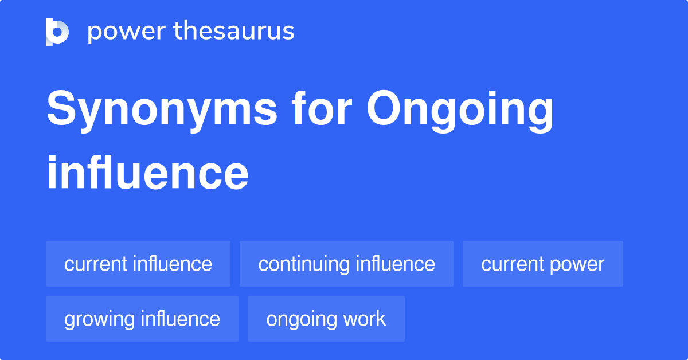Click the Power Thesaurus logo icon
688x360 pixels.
[57, 32]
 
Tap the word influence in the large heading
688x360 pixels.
[147, 173]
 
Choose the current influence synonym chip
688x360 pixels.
[138, 264]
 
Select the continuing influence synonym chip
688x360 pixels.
[346, 264]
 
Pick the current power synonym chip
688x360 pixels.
[542, 264]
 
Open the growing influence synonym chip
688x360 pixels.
[142, 319]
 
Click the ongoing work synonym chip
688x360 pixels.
[326, 319]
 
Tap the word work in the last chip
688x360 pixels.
[365, 319]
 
